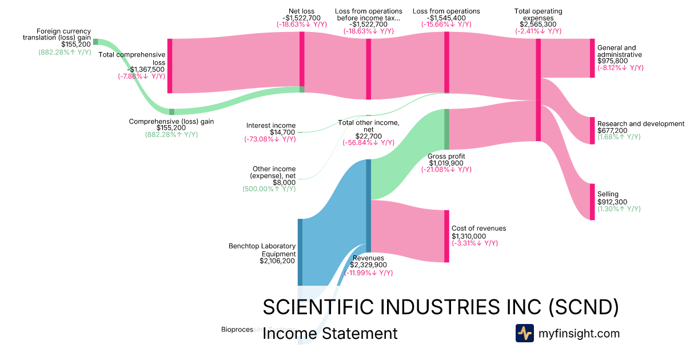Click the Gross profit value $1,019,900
446,163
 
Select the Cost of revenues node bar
446,236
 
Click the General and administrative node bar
592,58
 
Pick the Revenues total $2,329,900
368,265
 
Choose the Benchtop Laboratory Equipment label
262,250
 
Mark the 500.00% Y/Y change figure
268,189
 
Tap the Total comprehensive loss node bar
170,66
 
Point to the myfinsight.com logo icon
524,333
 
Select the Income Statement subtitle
330,333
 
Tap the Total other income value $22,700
368,136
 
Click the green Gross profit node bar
446,129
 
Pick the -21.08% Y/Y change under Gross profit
446,170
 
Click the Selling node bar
592,202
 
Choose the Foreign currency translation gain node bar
95,42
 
